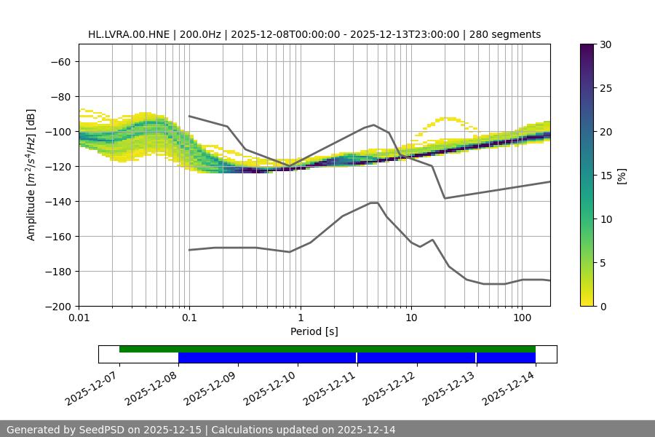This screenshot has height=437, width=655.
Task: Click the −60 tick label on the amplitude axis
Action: (x=59, y=61)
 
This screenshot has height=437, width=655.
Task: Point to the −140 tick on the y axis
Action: (x=59, y=201)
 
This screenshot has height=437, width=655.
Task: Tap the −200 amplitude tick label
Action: (x=59, y=306)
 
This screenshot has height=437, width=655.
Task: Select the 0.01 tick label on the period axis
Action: (x=79, y=318)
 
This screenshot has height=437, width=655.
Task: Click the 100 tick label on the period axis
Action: (x=522, y=318)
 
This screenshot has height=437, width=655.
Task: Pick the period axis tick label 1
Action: (x=300, y=318)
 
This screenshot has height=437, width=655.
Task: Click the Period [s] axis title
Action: (x=314, y=331)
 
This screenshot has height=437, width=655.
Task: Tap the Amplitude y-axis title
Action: (x=31, y=175)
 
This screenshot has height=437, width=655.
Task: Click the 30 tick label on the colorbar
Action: (x=606, y=44)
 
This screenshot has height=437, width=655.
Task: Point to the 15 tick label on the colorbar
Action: (x=606, y=176)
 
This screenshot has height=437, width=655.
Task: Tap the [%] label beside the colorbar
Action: (x=622, y=176)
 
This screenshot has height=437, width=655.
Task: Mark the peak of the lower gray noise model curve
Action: (x=374, y=202)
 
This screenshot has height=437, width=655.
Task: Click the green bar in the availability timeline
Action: (x=327, y=349)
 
